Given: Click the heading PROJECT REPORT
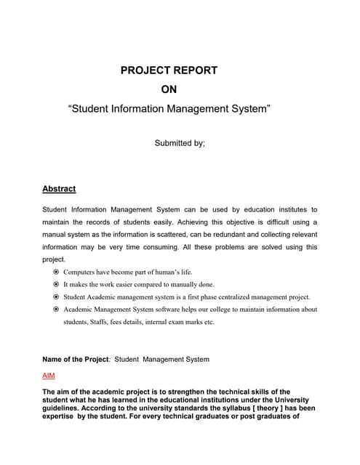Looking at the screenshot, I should (x=168, y=70).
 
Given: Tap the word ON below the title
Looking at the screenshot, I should (x=168, y=90).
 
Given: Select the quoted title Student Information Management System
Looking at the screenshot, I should (x=169, y=110).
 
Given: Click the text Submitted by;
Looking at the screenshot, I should (x=180, y=143).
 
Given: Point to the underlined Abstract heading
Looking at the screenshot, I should (x=59, y=189).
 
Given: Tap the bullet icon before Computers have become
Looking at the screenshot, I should (x=56, y=272).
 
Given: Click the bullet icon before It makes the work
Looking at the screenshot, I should (x=56, y=284).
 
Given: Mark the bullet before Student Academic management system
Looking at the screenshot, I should (x=56, y=297).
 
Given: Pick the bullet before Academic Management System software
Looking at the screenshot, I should (x=56, y=310).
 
